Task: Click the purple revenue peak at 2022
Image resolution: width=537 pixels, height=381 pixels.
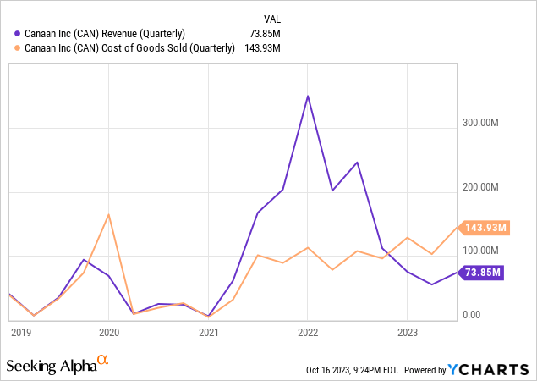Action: coord(308,96)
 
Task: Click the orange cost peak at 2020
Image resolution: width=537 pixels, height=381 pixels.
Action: coord(109,214)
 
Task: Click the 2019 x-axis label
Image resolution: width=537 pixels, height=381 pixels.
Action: coord(21,333)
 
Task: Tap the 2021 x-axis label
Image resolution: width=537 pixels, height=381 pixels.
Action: coord(209,333)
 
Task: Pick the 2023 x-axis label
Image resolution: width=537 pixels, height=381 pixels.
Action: coord(408,333)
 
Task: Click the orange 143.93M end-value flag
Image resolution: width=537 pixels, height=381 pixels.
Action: coord(485,227)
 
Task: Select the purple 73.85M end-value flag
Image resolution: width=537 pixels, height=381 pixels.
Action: coord(482,272)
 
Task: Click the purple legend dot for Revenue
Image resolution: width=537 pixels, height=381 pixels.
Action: coord(18,33)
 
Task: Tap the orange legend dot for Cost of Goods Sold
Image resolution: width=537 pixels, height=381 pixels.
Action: coord(18,47)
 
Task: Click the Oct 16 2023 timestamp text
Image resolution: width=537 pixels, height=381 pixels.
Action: coord(352,370)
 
